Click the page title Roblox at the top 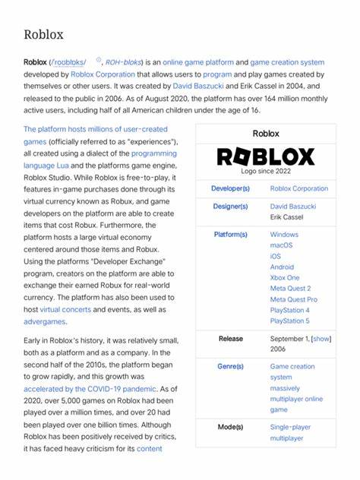(x=43, y=34)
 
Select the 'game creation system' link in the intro (x=287, y=62)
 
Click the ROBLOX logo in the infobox (x=265, y=156)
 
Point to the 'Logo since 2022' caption (x=265, y=172)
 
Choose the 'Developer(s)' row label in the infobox (x=230, y=188)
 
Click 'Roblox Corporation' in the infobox (x=299, y=188)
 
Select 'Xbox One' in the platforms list (x=285, y=278)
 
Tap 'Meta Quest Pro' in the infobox (x=294, y=299)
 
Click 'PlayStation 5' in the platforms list (x=289, y=321)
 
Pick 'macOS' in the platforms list (x=281, y=245)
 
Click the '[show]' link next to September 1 (x=321, y=338)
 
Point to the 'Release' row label (x=230, y=338)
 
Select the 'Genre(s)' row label (x=230, y=366)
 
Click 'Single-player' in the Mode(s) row (x=291, y=427)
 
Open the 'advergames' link (x=45, y=321)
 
